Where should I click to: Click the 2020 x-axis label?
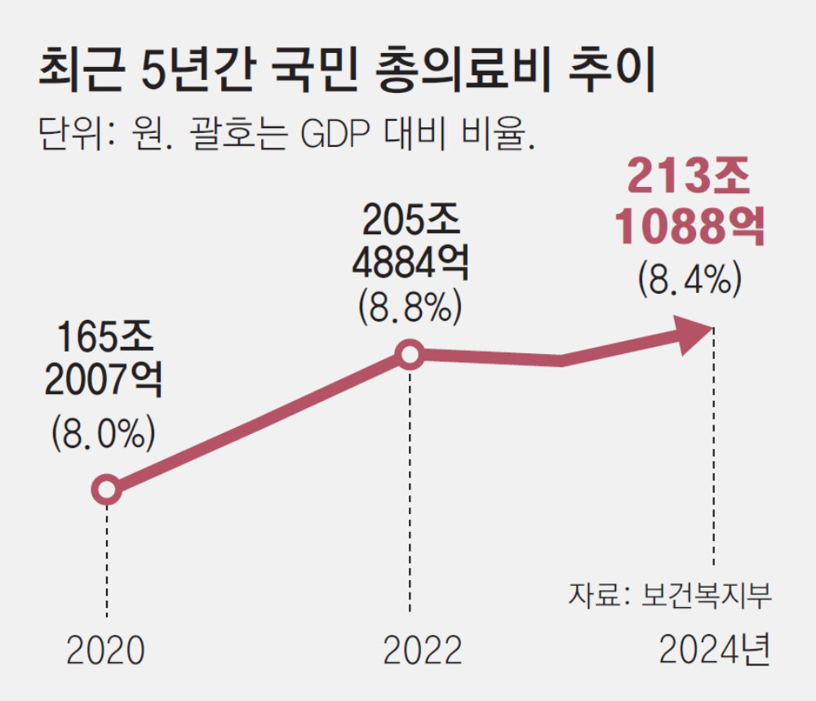105,651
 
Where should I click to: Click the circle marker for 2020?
106,490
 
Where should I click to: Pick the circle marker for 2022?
410,355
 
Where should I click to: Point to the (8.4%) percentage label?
690,279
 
